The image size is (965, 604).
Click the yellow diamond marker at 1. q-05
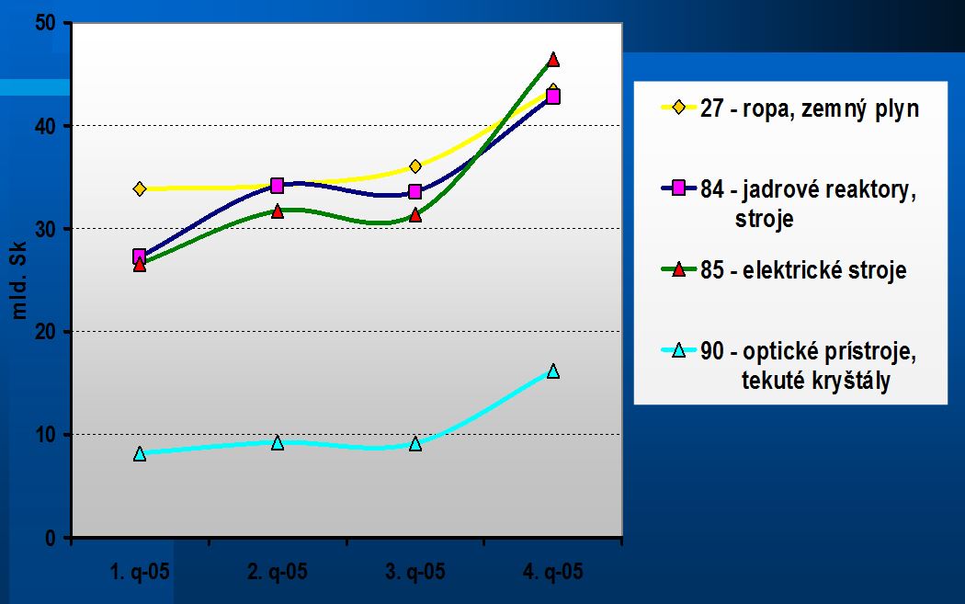tap(140, 188)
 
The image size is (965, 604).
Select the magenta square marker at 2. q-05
tap(278, 186)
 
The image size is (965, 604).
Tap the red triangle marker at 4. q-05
tap(553, 60)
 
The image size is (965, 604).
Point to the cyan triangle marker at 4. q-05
tap(553, 371)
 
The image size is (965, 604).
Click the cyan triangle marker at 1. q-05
tap(140, 453)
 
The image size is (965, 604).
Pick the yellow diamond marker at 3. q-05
tap(415, 166)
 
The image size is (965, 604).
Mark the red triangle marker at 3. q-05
tap(415, 214)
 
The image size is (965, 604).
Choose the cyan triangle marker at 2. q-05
tap(278, 442)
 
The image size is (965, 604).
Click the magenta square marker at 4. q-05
tap(553, 97)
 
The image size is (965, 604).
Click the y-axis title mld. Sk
tap(20, 279)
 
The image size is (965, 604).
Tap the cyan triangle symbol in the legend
tap(680, 350)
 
